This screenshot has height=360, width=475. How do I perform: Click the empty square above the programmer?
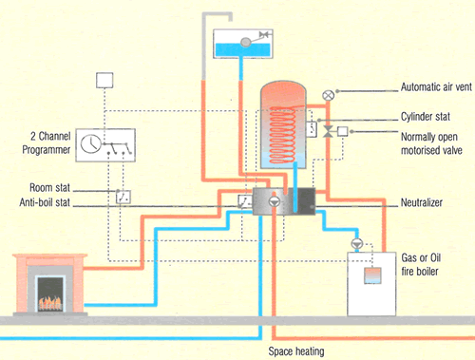104,80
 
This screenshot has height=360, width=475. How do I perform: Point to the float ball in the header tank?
244,40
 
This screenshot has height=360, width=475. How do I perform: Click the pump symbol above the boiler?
357,244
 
